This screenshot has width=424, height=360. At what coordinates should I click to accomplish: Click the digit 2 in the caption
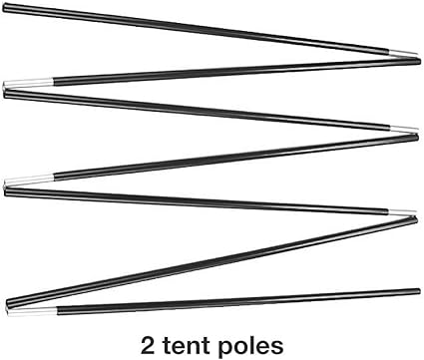148,345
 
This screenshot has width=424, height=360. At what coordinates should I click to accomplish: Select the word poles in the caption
251,347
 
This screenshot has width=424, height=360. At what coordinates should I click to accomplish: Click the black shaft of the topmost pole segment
197,29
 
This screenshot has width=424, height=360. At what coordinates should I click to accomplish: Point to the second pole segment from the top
236,71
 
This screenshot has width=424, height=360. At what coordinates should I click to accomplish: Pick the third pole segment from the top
197,111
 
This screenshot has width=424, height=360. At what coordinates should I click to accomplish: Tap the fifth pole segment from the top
197,201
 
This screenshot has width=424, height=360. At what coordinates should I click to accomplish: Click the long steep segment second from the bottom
212,261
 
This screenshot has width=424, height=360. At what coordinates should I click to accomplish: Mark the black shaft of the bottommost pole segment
238,301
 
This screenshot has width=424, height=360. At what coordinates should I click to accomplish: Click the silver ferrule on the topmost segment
403,53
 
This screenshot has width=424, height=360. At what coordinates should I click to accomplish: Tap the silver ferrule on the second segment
28,83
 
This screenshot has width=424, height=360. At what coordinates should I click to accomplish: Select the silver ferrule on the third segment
404,130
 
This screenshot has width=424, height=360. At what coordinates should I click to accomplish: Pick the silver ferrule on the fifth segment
402,211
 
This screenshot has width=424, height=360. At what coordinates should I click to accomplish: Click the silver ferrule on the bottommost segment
33,312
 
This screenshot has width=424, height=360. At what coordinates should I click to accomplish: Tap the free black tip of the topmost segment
5,8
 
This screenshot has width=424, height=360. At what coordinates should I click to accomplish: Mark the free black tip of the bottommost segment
418,291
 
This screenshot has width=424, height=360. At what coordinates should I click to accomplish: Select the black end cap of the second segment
416,61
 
